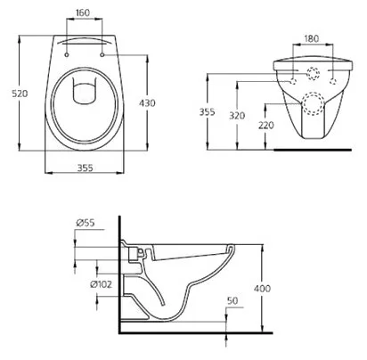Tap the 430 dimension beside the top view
pos(147,103)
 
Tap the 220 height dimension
pos(267,127)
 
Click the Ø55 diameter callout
pos(86,224)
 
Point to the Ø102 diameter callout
pos(101,283)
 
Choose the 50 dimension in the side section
pos(232,301)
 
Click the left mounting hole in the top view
pos(69,55)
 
